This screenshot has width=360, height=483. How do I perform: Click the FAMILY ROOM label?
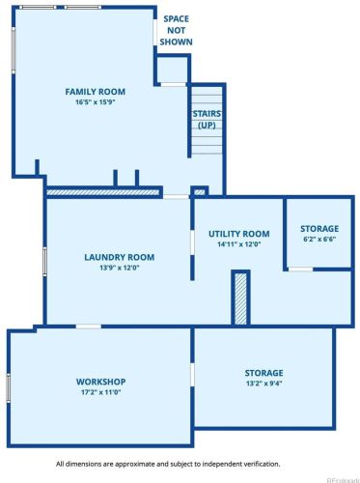tap(96, 92)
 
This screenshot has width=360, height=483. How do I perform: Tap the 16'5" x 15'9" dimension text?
tap(96, 102)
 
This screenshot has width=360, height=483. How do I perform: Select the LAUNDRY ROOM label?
tap(120, 257)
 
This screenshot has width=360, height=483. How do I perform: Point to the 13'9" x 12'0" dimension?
tap(119, 268)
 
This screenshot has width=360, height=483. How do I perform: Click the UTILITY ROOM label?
tap(239, 234)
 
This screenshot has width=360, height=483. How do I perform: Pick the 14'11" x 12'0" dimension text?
tap(238, 244)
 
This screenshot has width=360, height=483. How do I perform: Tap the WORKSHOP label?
tap(100, 382)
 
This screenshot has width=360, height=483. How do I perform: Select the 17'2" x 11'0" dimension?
tap(100, 392)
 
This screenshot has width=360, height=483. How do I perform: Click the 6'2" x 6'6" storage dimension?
tap(319, 239)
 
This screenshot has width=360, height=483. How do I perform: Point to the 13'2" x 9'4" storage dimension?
tap(263, 384)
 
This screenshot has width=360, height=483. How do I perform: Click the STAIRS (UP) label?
tap(207, 120)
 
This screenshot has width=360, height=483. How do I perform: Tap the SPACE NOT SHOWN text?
tap(177, 30)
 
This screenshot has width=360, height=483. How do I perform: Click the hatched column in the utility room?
tap(240, 298)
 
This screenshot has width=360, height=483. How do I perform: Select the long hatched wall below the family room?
tap(103, 192)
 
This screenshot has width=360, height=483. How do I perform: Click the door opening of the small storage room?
tap(300, 270)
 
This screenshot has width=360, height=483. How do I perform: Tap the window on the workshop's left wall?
tap(9, 387)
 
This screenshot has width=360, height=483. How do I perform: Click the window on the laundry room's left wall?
tap(44, 262)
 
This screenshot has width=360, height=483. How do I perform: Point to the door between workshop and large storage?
tap(192, 375)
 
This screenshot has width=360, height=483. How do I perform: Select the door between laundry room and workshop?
tap(89, 327)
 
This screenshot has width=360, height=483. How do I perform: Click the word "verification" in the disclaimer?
tap(263, 464)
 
